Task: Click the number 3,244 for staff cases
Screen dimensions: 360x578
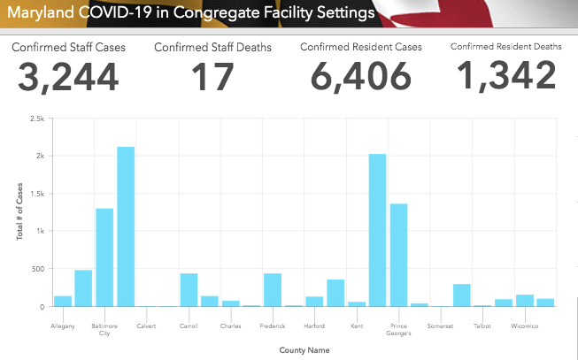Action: [67, 78]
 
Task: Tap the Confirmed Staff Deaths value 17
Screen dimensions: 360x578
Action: [212, 78]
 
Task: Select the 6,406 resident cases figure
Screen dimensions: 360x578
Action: [361, 78]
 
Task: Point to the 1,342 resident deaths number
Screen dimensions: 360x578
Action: [506, 78]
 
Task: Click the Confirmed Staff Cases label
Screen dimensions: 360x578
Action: [69, 47]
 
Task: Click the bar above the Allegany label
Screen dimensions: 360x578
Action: [63, 301]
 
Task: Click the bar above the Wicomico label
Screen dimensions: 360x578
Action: [524, 301]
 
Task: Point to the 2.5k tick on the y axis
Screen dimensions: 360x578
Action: [36, 118]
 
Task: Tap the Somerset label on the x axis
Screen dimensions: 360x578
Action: [440, 326]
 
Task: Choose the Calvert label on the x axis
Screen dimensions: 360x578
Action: [146, 326]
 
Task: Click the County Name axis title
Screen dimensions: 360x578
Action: [304, 350]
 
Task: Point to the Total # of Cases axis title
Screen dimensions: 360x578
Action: [19, 212]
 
